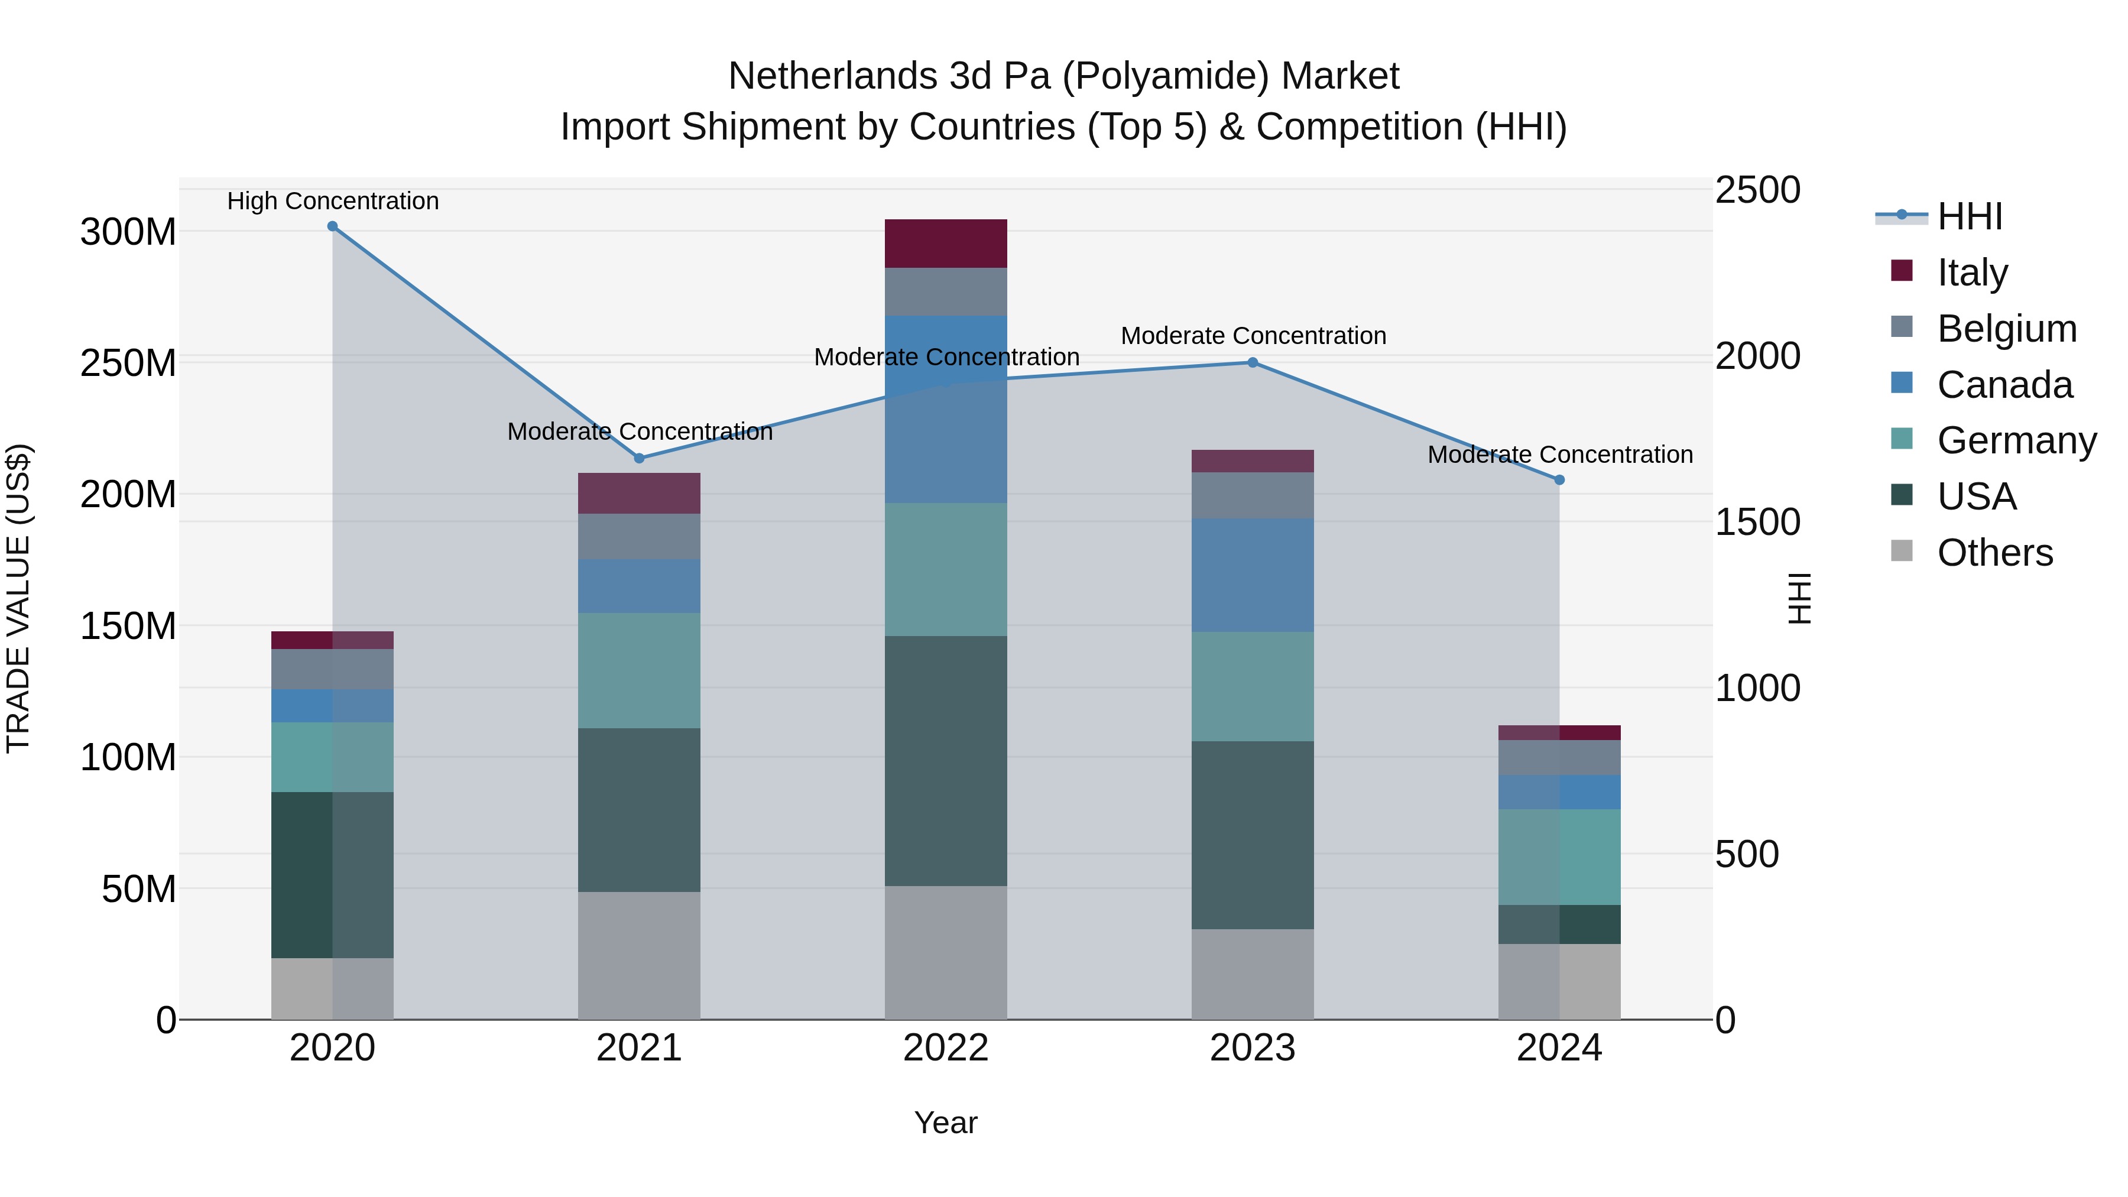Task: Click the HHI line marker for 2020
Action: click(x=332, y=226)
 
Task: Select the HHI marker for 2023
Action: click(x=1253, y=363)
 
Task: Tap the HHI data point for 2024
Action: click(x=1559, y=480)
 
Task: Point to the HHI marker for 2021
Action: click(x=638, y=459)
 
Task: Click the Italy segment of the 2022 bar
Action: click(x=945, y=244)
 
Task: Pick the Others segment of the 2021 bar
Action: click(x=638, y=955)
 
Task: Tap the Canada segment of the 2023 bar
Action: click(x=1253, y=575)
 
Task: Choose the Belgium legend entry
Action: click(x=2006, y=329)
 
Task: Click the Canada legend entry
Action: click(x=2004, y=385)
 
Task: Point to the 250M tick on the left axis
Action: click(x=128, y=364)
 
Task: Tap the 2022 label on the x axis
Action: click(x=945, y=1048)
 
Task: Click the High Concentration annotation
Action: click(x=332, y=201)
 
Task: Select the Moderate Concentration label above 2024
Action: click(x=1559, y=455)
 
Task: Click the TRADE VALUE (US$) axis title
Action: click(x=18, y=598)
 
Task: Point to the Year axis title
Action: click(x=945, y=1123)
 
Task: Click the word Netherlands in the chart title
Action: click(x=833, y=76)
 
